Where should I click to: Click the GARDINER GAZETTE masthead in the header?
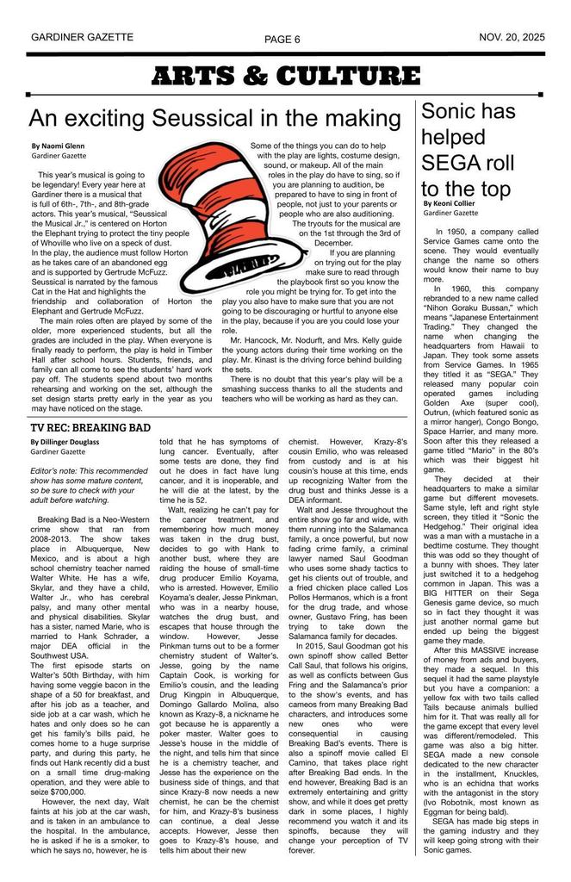(82, 38)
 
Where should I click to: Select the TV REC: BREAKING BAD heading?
(90, 427)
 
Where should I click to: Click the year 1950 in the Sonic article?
(462, 233)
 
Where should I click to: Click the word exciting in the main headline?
(103, 119)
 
